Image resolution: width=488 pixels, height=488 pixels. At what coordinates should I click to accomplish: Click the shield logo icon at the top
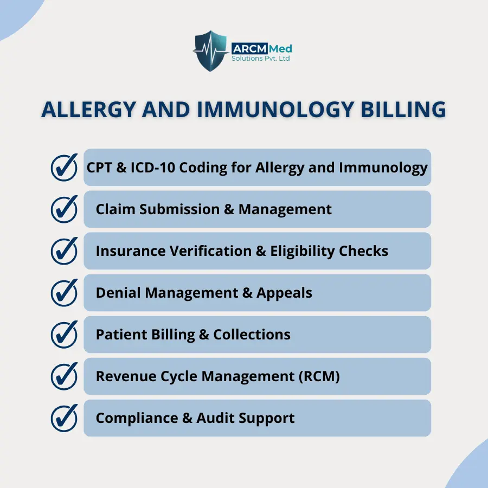coord(210,51)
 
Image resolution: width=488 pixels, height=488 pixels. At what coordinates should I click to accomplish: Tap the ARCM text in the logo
coord(249,49)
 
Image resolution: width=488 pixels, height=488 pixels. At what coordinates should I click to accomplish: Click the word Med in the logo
coord(280,49)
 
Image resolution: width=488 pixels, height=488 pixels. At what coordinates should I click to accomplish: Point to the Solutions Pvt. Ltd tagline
coord(260,59)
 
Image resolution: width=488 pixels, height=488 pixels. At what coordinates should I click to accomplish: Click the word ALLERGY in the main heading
coord(88,110)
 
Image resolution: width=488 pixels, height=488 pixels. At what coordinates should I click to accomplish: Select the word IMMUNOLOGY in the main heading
coord(275,110)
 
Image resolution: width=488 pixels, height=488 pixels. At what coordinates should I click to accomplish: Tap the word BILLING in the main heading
coord(403,110)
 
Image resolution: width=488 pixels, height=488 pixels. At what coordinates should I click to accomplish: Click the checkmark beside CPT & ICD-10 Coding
coord(64,168)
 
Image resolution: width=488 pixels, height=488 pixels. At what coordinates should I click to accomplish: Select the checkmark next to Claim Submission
coord(64,209)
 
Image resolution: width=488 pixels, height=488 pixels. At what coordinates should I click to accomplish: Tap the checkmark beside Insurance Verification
coord(64,251)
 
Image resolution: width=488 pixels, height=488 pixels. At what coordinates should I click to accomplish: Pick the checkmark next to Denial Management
coord(64,293)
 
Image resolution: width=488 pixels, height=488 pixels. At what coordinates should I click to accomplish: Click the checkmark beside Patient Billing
coord(64,334)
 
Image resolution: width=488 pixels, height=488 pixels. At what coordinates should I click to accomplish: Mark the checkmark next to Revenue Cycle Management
coord(64,376)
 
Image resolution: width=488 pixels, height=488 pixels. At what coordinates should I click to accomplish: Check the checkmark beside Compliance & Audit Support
coord(64,418)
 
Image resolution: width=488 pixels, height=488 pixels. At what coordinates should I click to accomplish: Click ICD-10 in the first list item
coord(153,168)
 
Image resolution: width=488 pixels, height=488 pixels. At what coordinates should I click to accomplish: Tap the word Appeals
coord(284,293)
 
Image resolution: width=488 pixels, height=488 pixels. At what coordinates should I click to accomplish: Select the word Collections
coord(252,335)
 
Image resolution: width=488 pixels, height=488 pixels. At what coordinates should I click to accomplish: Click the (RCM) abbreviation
coord(319,376)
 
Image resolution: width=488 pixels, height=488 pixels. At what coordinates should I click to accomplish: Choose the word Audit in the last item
coord(215,418)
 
